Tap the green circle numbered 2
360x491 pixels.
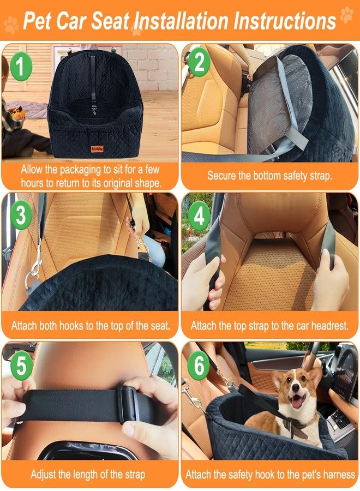click(199, 64)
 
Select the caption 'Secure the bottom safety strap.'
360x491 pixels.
click(269, 176)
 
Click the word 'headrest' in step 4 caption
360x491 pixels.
click(328, 326)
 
